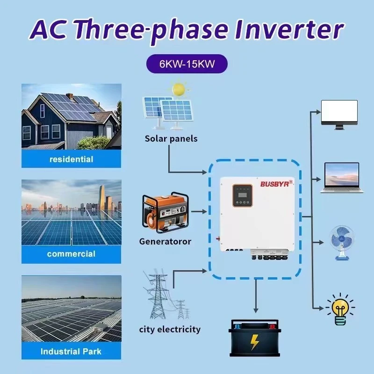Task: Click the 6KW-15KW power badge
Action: pyautogui.click(x=187, y=64)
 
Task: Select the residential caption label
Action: pyautogui.click(x=71, y=159)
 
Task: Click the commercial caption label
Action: pyautogui.click(x=71, y=254)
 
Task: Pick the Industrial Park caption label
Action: pyautogui.click(x=71, y=351)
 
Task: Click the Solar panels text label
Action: pyautogui.click(x=171, y=138)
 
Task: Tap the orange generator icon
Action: pyautogui.click(x=165, y=213)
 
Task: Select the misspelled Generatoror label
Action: pyautogui.click(x=165, y=241)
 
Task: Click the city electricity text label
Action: pyautogui.click(x=170, y=330)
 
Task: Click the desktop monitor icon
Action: pyautogui.click(x=339, y=115)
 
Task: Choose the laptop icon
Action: pyautogui.click(x=339, y=178)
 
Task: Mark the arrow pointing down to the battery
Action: pyautogui.click(x=255, y=299)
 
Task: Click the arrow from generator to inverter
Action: pyautogui.click(x=199, y=212)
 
